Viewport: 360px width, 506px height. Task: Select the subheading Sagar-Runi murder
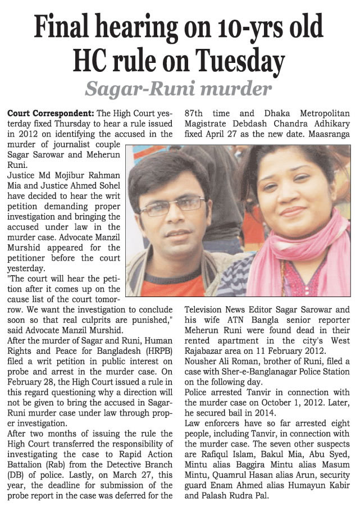coord(179,88)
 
